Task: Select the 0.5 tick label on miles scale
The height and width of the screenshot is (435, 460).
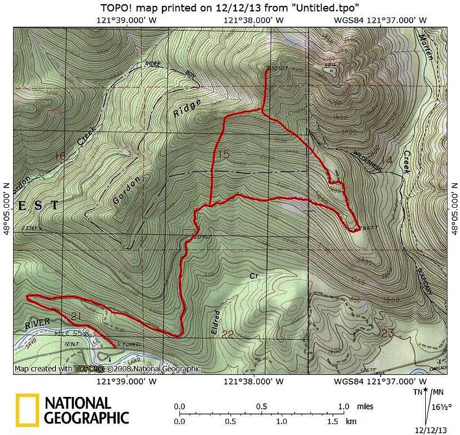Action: point(262,407)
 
